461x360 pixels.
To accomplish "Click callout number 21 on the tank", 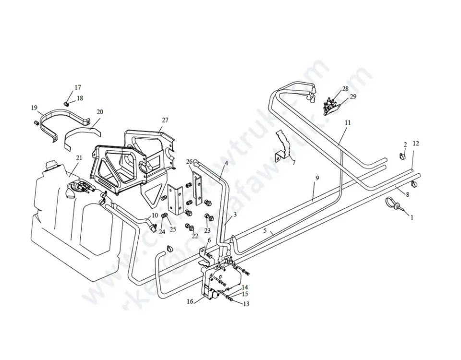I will (x=79, y=157).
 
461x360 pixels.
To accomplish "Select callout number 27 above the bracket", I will (x=165, y=120).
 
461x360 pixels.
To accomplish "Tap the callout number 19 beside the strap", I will (x=35, y=108).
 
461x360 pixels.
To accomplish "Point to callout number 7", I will (x=293, y=163).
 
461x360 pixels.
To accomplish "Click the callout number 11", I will (x=348, y=123).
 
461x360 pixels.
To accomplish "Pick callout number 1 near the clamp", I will (x=412, y=217).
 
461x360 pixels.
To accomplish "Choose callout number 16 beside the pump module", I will (x=190, y=301).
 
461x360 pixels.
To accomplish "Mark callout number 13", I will (x=246, y=304).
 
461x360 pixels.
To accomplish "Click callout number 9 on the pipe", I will (x=317, y=178).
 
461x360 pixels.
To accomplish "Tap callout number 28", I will (x=345, y=89).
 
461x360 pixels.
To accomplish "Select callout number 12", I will (x=416, y=143).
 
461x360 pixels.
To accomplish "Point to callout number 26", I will (x=189, y=161).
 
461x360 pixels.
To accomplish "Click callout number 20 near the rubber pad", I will (x=100, y=112).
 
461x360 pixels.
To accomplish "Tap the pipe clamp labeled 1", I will (x=396, y=204).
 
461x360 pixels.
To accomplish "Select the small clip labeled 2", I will (x=402, y=155).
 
